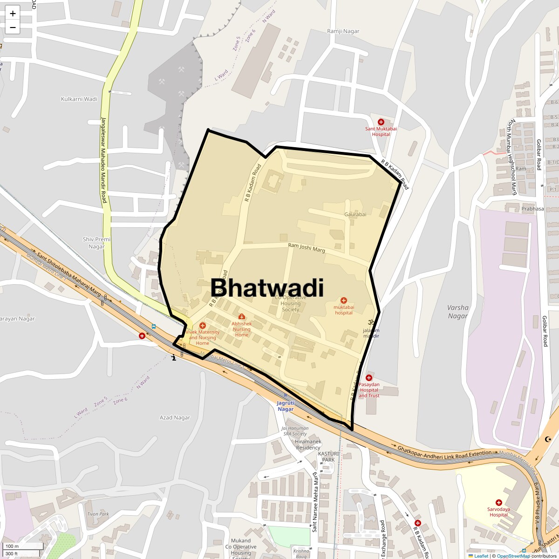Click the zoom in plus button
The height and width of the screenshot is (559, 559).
click(x=13, y=14)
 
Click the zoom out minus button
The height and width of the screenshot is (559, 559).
click(x=13, y=27)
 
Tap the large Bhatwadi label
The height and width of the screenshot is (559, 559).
click(x=267, y=287)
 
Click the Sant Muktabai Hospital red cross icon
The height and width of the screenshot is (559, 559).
click(x=381, y=122)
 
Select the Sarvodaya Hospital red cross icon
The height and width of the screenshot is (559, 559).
click(x=498, y=503)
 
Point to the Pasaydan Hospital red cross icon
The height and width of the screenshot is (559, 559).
click(x=369, y=378)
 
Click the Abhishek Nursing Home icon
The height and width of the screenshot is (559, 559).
click(x=241, y=317)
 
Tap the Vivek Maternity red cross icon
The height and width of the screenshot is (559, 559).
click(x=202, y=326)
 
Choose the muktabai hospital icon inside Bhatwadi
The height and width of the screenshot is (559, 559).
click(x=344, y=300)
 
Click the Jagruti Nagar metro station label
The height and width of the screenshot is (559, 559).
click(x=286, y=406)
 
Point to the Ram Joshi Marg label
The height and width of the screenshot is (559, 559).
click(x=307, y=248)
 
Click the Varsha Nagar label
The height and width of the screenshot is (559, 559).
click(x=458, y=312)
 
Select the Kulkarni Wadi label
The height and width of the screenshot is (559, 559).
click(x=79, y=99)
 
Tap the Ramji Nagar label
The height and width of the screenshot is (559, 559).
click(x=343, y=31)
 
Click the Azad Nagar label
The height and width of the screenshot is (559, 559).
click(x=175, y=417)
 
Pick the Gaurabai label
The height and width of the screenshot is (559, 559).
click(x=355, y=214)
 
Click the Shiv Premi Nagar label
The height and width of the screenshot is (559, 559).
click(x=97, y=243)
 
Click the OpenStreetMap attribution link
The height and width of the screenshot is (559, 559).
click(x=513, y=556)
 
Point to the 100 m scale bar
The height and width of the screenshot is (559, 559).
click(x=23, y=546)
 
